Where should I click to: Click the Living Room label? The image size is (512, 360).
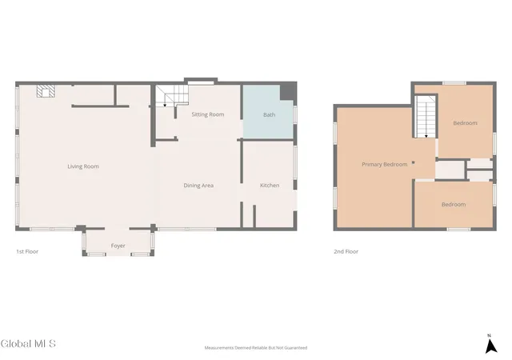tap(83, 166)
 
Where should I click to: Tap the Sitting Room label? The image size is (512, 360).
tap(208, 114)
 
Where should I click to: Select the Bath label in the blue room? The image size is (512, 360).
tap(269, 114)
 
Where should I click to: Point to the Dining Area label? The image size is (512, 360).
tap(198, 186)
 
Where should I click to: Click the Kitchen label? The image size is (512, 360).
tap(270, 186)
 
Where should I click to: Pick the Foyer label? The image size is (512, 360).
tap(118, 246)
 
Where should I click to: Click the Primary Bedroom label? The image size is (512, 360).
tap(384, 164)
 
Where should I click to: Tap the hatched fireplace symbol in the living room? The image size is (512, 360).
tap(46, 91)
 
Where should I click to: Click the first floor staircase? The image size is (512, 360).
tap(172, 96)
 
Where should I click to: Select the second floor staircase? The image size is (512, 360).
tap(426, 116)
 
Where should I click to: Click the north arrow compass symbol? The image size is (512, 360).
tap(490, 346)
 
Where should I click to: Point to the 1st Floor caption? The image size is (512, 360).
tap(27, 251)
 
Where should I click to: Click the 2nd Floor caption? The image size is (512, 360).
tap(346, 251)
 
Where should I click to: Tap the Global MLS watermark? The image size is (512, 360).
tap(28, 344)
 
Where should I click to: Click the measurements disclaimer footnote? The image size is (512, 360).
tap(256, 348)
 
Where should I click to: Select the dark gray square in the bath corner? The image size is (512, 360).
tap(288, 92)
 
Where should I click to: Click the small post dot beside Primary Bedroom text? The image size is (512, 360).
tap(413, 162)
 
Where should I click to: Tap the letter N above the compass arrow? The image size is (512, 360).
tap(489, 335)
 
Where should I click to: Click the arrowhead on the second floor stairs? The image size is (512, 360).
tap(426, 136)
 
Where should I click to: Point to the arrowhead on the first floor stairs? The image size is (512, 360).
tap(165, 105)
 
